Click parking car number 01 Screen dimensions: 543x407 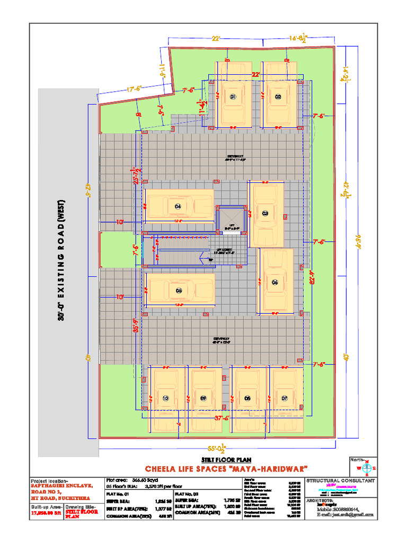point(233,97)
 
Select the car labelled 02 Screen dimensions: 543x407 point(278,97)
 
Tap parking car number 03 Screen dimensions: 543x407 point(266,213)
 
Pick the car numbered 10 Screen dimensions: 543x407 point(166,398)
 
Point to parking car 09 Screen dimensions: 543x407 point(203,398)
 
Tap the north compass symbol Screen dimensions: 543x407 point(366,467)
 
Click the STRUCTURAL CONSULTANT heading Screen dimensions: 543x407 point(341,480)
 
